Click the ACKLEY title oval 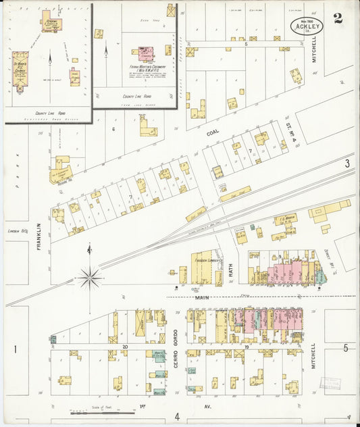point(307,26)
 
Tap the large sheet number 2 point(338,18)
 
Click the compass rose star point(89,277)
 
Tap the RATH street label point(231,270)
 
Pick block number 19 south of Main point(247,346)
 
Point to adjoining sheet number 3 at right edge point(346,164)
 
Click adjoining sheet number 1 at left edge point(14,349)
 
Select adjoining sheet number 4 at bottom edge point(177,416)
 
